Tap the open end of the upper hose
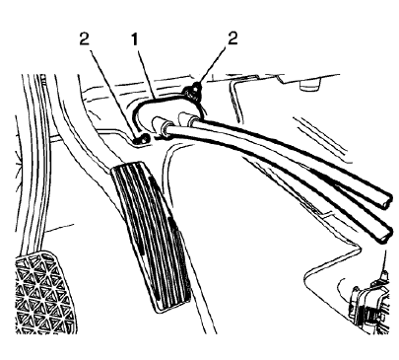point(384,197)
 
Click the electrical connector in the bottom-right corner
point(369,302)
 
